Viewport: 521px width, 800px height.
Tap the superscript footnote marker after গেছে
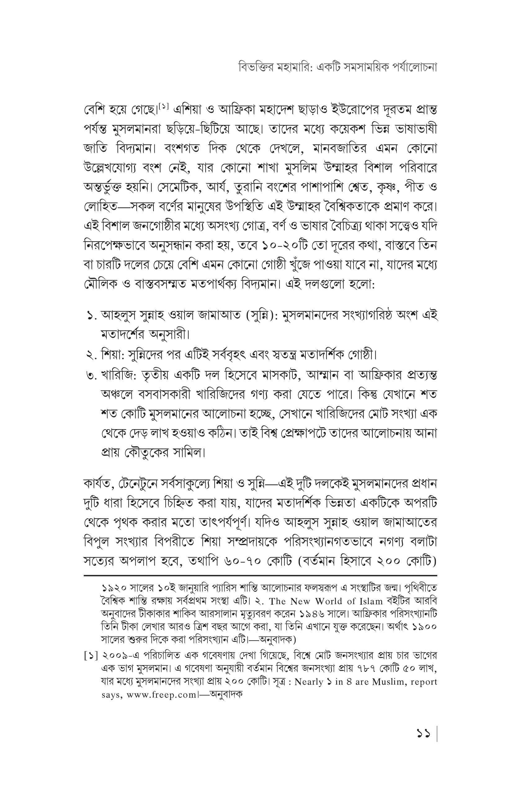click(x=163, y=107)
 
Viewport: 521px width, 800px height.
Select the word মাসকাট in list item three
click(x=276, y=375)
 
